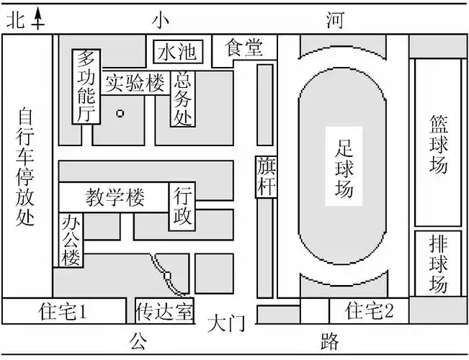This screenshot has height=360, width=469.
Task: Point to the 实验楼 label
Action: pos(136,82)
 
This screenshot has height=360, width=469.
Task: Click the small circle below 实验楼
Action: pos(120,112)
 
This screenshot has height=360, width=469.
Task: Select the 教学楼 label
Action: pos(115,196)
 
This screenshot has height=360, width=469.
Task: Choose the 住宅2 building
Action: pos(370,311)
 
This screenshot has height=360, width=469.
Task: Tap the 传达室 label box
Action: pos(164,312)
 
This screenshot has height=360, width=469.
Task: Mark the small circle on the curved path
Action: pos(167,275)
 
